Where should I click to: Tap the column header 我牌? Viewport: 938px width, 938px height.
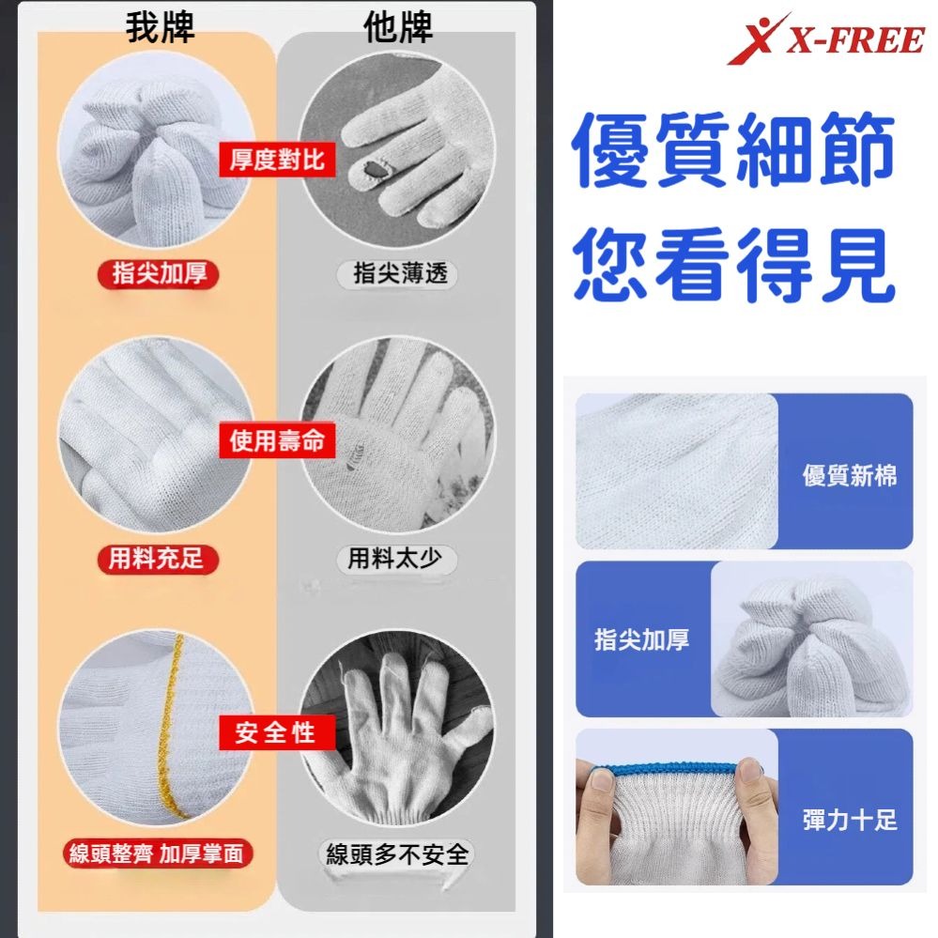pos(160,28)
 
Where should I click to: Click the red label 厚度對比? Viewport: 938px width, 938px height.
pos(277,160)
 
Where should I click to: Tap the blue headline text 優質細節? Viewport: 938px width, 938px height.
pos(733,150)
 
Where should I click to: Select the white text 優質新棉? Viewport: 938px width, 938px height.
pos(849,475)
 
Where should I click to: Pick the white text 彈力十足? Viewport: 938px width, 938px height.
pos(849,820)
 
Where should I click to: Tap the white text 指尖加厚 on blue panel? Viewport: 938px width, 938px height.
pos(642,639)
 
